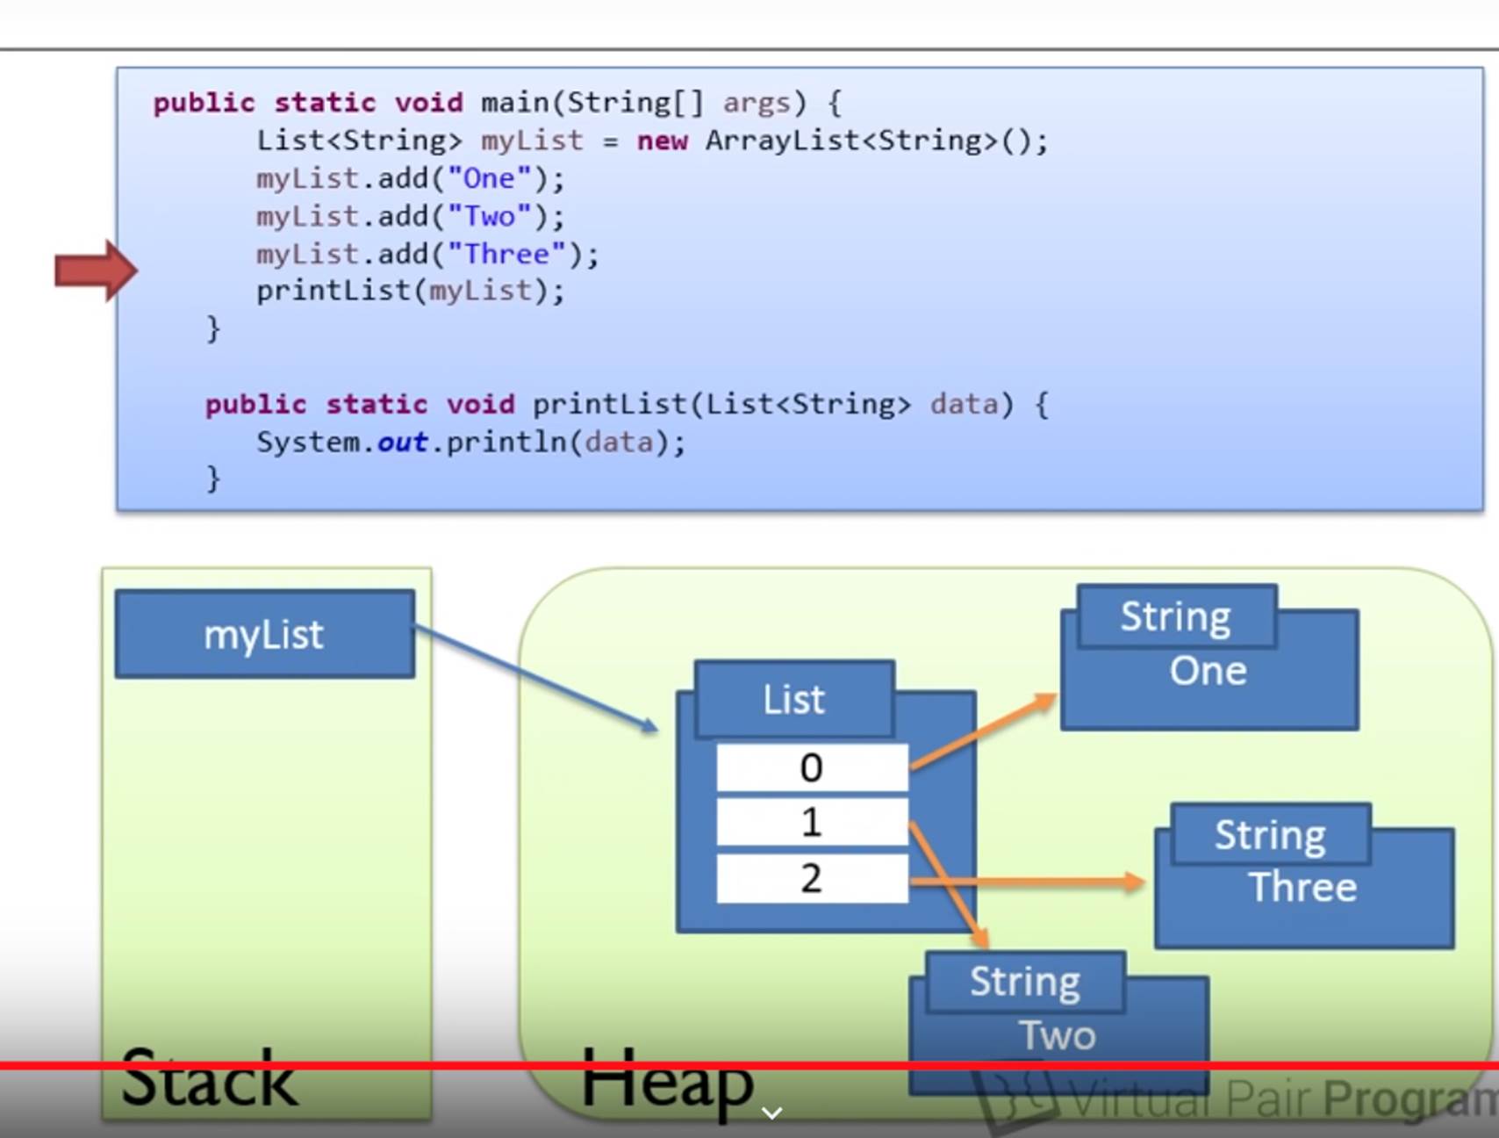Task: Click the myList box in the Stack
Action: click(264, 634)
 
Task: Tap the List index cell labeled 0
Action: click(812, 768)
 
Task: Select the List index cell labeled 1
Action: click(812, 823)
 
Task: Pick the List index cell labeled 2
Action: click(812, 878)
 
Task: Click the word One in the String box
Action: click(1208, 672)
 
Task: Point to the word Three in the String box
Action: click(1302, 888)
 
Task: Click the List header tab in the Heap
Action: click(794, 700)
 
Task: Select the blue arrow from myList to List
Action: click(535, 677)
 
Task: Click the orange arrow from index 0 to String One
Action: click(983, 731)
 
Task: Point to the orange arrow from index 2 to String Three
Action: click(1027, 881)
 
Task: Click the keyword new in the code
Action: click(662, 141)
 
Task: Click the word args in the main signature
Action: click(756, 104)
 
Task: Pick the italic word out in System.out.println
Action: click(402, 443)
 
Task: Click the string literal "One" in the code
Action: click(489, 179)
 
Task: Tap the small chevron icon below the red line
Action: click(771, 1113)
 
